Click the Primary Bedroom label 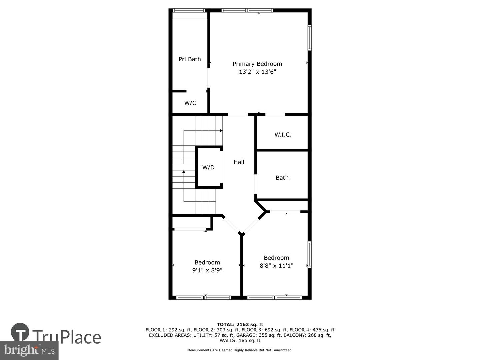(257, 64)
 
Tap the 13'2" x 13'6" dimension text (257, 72)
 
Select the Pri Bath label (190, 59)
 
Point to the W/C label (190, 103)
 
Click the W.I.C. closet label (283, 135)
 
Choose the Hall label (239, 162)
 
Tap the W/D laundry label (208, 167)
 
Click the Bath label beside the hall (282, 178)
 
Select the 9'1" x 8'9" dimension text (207, 270)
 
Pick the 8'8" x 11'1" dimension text (276, 266)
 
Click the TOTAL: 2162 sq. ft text (240, 324)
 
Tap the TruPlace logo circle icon (20, 332)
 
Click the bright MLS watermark (29, 350)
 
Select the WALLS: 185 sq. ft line (240, 340)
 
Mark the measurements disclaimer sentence (240, 350)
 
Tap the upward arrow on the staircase (184, 172)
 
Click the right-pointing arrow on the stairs (221, 131)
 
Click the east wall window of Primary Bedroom (309, 38)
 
